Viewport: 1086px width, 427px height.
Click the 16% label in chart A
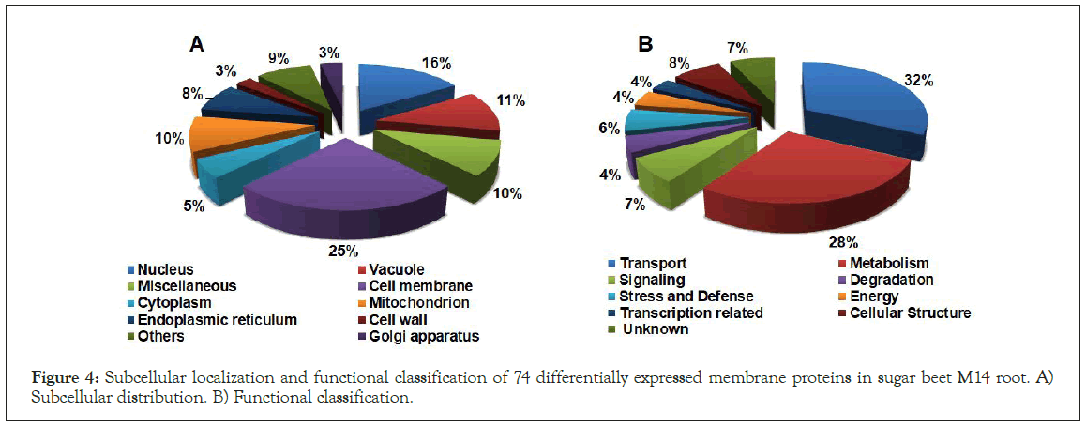pos(437,64)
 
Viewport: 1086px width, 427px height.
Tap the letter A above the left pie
pos(196,43)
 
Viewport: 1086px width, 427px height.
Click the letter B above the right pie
pos(645,43)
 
